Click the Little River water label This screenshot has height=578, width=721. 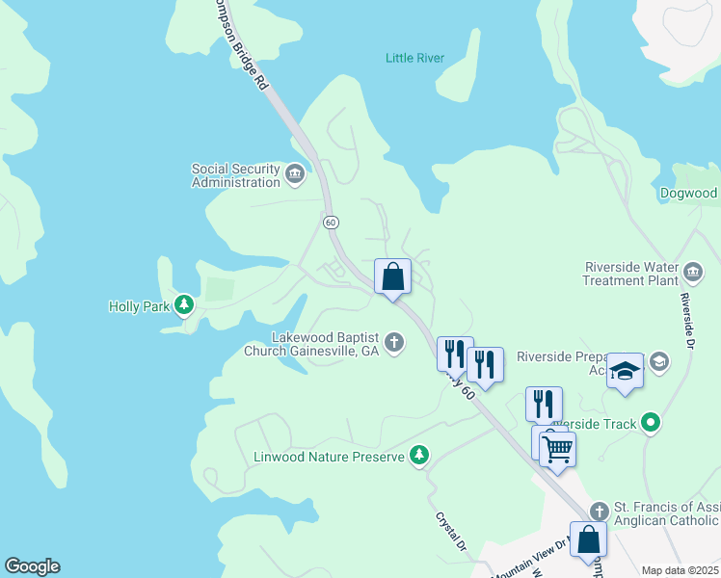[x=414, y=59]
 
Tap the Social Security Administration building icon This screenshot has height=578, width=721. [x=295, y=174]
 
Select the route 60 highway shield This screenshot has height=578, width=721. [x=331, y=222]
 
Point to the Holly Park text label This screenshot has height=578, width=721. [x=139, y=307]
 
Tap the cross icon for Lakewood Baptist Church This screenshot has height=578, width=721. [x=393, y=342]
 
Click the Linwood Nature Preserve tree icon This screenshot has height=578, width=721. [x=418, y=455]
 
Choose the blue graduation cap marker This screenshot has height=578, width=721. [x=625, y=372]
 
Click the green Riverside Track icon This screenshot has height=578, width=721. [x=651, y=422]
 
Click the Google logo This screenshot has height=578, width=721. [x=32, y=566]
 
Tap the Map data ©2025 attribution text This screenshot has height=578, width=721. [x=681, y=570]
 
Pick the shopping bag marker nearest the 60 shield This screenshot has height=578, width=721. [x=392, y=276]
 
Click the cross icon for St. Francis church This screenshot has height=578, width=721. [x=599, y=510]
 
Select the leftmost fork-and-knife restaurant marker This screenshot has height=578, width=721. [x=455, y=354]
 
